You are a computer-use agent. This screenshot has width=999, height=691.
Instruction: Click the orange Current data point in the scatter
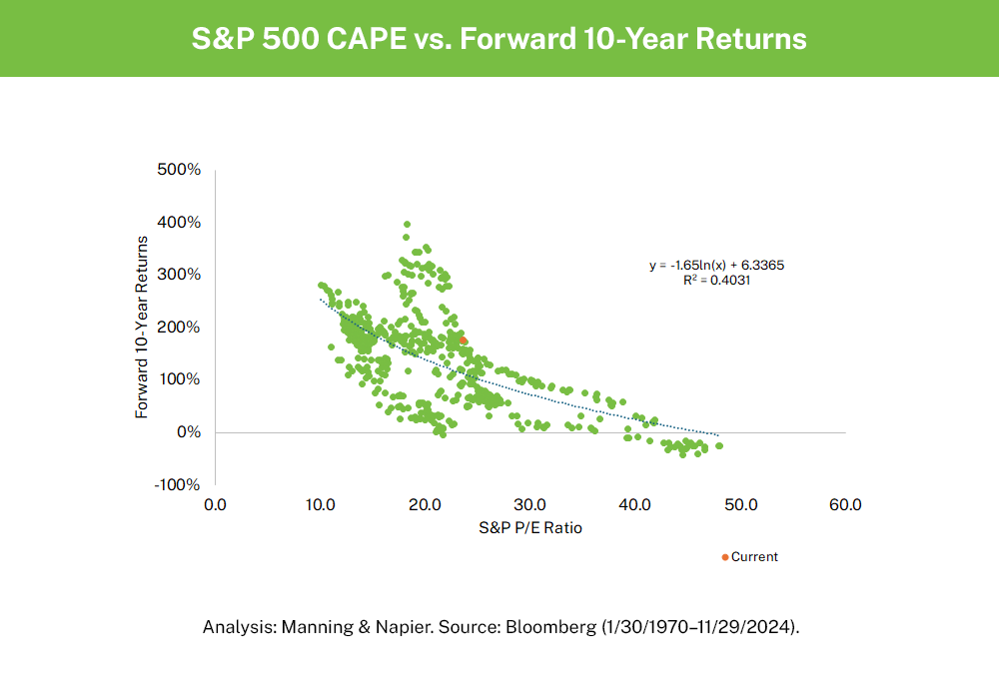coord(463,341)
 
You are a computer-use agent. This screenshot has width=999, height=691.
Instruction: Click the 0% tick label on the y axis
coord(189,432)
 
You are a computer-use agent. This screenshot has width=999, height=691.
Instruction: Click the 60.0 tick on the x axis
coord(845,505)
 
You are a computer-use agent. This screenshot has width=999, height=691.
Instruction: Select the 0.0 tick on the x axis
coord(215,505)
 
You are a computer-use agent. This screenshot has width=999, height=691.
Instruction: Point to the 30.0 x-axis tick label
coord(529,505)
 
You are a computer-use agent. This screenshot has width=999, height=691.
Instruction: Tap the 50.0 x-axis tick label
coord(740,505)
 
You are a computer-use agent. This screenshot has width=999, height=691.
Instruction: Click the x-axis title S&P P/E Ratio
coord(529,528)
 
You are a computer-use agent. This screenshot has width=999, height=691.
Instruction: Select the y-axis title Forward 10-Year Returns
coord(143,327)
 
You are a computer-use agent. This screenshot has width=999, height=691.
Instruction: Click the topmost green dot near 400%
coord(407,225)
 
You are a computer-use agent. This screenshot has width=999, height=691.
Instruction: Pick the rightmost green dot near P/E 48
coord(719,445)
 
